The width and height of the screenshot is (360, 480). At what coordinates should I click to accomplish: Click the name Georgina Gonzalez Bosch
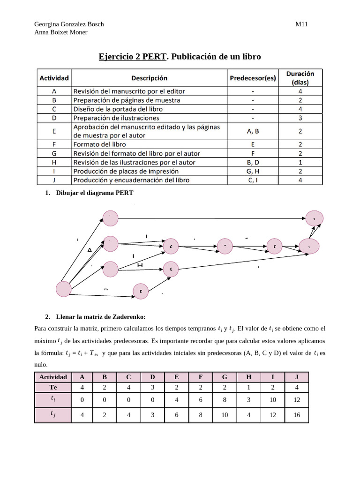69,24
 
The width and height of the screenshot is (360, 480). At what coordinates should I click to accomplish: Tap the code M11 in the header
301,24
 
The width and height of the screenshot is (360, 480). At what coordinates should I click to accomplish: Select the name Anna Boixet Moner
61,32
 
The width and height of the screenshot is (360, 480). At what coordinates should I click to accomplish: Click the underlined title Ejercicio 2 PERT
132,57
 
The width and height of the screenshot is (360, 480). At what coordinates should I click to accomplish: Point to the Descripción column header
149,78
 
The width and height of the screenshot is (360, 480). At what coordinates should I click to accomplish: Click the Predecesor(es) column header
253,78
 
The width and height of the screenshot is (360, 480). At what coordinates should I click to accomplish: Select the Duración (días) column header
300,78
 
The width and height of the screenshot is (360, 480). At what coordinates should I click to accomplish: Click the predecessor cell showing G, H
253,171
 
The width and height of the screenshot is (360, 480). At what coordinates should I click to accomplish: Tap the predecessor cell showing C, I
253,180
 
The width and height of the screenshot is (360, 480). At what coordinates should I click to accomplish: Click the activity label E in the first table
54,131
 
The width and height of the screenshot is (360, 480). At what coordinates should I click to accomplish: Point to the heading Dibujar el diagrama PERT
94,193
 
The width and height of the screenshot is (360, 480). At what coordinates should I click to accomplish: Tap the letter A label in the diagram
90,250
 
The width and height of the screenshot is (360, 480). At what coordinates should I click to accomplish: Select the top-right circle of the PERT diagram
314,217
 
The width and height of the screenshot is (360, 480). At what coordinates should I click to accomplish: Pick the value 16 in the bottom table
296,415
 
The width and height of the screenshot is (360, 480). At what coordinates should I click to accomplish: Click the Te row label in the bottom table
53,388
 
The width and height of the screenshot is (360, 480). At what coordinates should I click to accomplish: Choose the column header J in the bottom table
296,377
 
